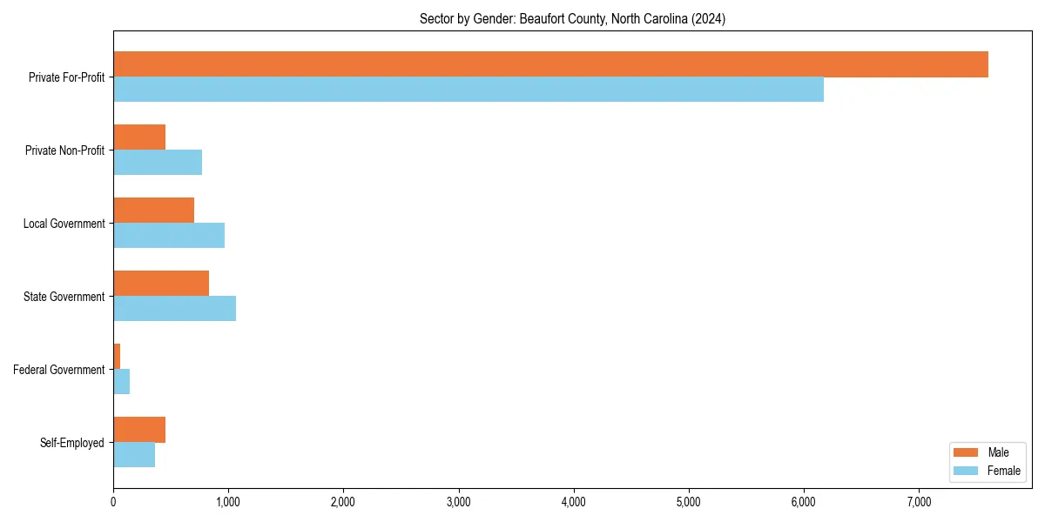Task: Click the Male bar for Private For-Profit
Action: pyautogui.click(x=550, y=64)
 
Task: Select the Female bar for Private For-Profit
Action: pyautogui.click(x=469, y=90)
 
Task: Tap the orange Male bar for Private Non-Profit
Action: pyautogui.click(x=139, y=137)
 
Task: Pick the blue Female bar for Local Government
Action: pyautogui.click(x=169, y=236)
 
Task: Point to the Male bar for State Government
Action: pyautogui.click(x=161, y=284)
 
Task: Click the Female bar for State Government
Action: pyautogui.click(x=174, y=309)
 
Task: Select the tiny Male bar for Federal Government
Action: pyautogui.click(x=117, y=357)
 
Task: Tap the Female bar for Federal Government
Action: pyautogui.click(x=122, y=382)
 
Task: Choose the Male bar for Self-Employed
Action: pyautogui.click(x=139, y=430)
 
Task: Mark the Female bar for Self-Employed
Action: pyautogui.click(x=134, y=455)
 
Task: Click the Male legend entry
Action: pyautogui.click(x=987, y=452)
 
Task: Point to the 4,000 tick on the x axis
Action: pyautogui.click(x=573, y=502)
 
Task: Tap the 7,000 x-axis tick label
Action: pyautogui.click(x=919, y=502)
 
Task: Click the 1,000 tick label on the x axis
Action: pyautogui.click(x=228, y=502)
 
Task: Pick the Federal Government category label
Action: pyautogui.click(x=59, y=370)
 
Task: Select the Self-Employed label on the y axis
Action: pyautogui.click(x=72, y=443)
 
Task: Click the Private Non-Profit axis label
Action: pyautogui.click(x=64, y=151)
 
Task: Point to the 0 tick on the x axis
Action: pyautogui.click(x=113, y=502)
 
